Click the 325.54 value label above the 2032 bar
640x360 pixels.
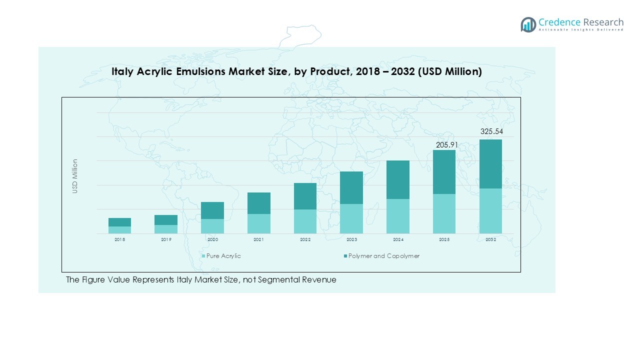(490, 131)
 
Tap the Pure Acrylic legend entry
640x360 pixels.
(223, 256)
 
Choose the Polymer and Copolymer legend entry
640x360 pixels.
(383, 256)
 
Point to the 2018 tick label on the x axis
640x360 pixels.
(119, 240)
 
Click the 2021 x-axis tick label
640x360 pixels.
(258, 240)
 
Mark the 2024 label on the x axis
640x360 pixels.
(398, 240)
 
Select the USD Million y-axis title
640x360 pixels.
(75, 176)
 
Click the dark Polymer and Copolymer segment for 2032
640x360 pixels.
(490, 163)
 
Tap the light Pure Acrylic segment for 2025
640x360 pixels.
(444, 213)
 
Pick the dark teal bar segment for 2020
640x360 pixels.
(212, 210)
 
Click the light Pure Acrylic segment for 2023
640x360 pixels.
(351, 218)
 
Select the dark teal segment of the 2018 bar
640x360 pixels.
(119, 222)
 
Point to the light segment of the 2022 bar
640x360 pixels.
(305, 221)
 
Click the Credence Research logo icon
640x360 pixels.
(528, 24)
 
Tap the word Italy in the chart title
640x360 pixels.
(122, 72)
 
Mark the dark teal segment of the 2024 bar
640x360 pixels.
(398, 179)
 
